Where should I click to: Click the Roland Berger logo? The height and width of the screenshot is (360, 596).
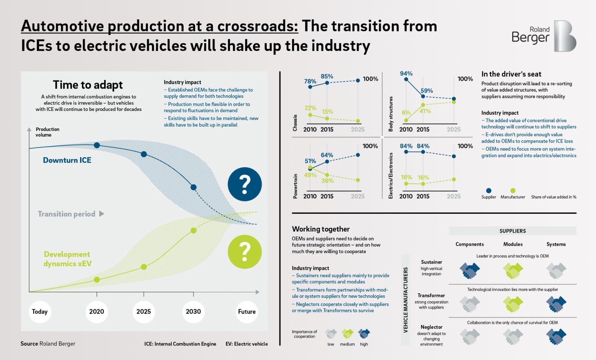544,36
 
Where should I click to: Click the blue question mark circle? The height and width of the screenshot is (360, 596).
245,184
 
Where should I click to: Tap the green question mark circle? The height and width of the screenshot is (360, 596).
245,252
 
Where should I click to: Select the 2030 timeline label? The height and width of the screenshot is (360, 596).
193,312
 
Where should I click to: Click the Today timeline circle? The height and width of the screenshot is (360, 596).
39,312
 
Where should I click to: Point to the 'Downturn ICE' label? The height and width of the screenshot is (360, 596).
67,160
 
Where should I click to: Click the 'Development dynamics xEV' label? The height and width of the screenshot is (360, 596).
67,259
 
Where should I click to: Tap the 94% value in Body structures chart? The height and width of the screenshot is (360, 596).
406,74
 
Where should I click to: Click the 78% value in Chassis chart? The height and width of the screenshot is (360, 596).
310,81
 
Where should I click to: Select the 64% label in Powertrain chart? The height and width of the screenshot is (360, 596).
327,155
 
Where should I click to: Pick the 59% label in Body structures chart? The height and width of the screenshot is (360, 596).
427,90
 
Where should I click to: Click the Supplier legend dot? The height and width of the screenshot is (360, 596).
489,191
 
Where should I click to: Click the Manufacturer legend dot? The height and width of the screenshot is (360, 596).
513,191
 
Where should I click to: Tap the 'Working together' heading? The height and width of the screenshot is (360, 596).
321,229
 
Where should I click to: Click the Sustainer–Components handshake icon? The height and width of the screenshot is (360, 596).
470,270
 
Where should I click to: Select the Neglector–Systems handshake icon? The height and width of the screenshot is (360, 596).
556,336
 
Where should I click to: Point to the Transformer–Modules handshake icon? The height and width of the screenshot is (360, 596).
513,304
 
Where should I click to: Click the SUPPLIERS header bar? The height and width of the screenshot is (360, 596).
513,231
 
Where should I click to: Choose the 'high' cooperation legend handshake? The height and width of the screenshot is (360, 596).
364,334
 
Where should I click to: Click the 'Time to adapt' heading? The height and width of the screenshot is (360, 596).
88,85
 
